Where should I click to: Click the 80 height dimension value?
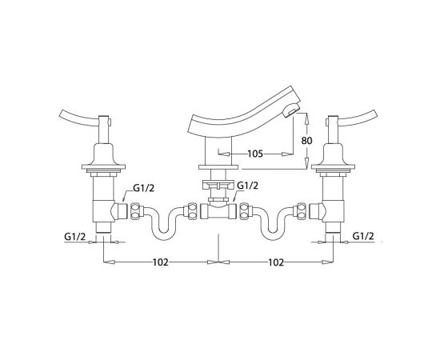(306, 140)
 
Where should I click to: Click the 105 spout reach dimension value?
(255, 154)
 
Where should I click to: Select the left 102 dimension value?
(160, 262)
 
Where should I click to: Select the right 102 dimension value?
(276, 262)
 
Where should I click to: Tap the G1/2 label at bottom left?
(74, 236)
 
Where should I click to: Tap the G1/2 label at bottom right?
(363, 236)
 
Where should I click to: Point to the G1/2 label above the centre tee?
(247, 186)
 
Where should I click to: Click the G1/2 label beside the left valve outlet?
(144, 188)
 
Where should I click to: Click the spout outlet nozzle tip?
(292, 110)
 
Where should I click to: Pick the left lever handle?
(78, 118)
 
